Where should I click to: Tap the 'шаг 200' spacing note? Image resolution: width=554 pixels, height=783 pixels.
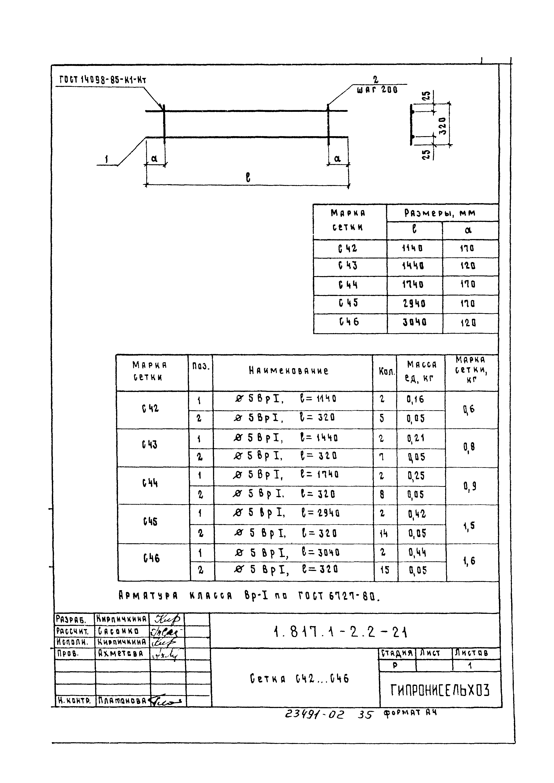click(x=377, y=90)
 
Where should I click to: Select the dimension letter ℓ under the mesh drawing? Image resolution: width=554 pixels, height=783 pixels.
click(x=248, y=177)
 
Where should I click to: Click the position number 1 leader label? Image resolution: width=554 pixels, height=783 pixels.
click(x=107, y=160)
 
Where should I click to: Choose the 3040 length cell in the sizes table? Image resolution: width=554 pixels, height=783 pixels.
click(x=414, y=322)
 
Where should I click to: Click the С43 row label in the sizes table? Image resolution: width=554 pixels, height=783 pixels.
click(x=348, y=266)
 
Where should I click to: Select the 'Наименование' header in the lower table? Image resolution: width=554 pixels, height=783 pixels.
click(x=288, y=371)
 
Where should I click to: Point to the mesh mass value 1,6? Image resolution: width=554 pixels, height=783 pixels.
click(x=469, y=561)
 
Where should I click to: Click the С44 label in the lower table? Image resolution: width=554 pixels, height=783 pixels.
click(x=150, y=483)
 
